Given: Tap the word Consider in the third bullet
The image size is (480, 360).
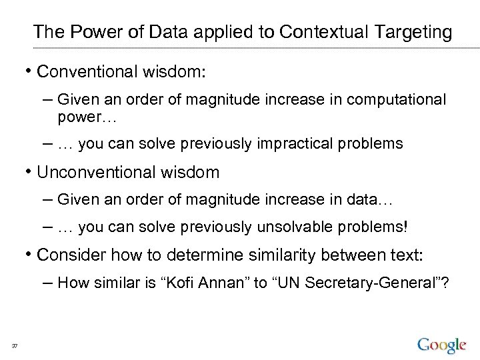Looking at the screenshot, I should tap(71, 255).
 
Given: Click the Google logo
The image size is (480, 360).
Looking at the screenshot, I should tap(441, 345).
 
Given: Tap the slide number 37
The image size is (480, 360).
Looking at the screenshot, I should tap(14, 345).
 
